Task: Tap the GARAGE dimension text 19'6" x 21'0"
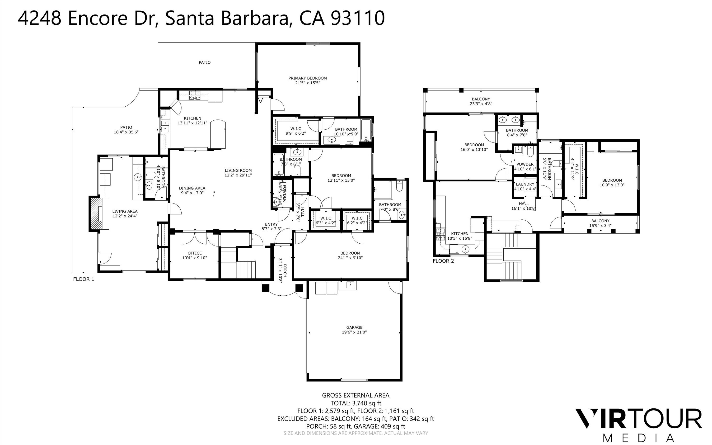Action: pyautogui.click(x=354, y=332)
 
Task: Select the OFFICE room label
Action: pyautogui.click(x=194, y=253)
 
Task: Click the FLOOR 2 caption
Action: pyautogui.click(x=443, y=261)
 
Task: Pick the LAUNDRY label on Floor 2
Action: pyautogui.click(x=525, y=184)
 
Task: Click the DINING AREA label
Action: pyautogui.click(x=192, y=188)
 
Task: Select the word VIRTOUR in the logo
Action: pyautogui.click(x=638, y=418)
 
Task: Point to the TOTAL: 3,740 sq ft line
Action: pyautogui.click(x=356, y=403)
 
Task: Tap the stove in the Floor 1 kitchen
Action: pyautogui.click(x=195, y=95)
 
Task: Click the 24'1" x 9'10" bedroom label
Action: pyautogui.click(x=350, y=256)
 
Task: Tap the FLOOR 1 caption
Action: pyautogui.click(x=84, y=279)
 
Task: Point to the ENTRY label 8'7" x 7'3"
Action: pyautogui.click(x=271, y=226)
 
